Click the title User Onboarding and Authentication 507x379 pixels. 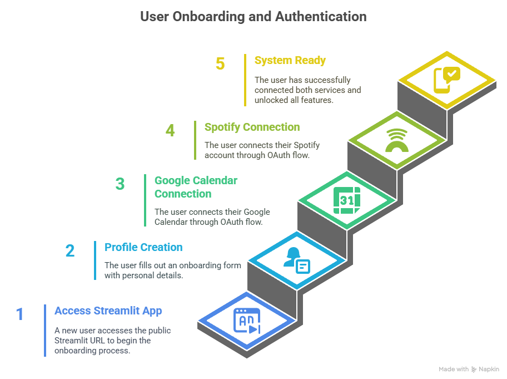point(253,17)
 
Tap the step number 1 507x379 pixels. point(20,314)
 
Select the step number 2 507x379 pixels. point(69,251)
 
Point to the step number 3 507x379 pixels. point(120,184)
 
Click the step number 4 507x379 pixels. point(170,131)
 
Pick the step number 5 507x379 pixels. point(220,64)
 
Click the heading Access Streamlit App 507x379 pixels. point(108,311)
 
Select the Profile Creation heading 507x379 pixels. point(143,247)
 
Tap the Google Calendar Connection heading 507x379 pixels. point(196,187)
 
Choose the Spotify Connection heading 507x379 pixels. point(252,127)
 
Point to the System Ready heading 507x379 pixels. point(290,60)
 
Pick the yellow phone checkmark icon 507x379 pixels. point(446,80)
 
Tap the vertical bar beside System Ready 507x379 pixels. point(245,80)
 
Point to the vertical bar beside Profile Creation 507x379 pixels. point(95,260)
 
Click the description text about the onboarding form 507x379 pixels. point(172,270)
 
